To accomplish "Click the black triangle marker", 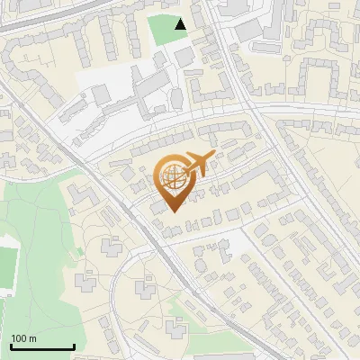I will coord(181,24).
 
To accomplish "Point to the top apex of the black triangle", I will coord(181,19).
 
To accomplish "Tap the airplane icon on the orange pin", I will coord(197,165).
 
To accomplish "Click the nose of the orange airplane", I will coord(213,157).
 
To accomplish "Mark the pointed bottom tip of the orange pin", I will coord(171,212).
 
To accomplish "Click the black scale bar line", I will coord(42,347).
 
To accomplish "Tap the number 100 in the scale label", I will coord(20,338).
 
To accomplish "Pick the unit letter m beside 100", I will coord(32,339).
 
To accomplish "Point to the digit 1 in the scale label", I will coord(13,338).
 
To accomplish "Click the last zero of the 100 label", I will coord(24,338).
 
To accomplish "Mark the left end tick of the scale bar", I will coord(11,346).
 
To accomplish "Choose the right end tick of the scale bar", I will coord(74,346).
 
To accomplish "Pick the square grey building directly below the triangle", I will coord(184,57).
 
